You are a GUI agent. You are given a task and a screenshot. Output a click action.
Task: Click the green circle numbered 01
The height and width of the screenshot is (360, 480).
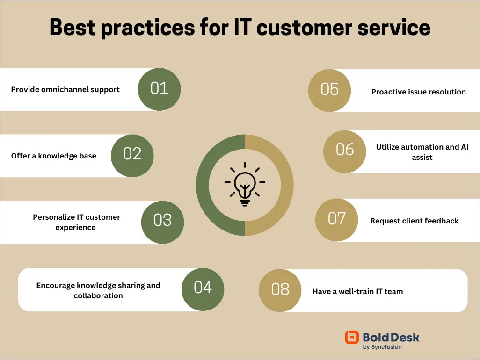tap(159, 89)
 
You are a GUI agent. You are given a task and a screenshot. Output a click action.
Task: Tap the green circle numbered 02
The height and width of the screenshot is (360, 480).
tap(132, 156)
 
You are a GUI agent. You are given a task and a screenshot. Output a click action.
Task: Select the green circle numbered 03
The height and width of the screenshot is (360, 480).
tap(162, 222)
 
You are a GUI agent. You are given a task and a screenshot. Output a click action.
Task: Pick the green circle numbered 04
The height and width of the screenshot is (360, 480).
tap(203, 289)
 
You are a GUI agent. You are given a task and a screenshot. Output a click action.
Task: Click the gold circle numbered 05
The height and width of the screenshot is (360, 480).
tap(329, 91)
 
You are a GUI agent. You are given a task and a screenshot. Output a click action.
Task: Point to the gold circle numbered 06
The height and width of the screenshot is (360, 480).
tap(345, 151)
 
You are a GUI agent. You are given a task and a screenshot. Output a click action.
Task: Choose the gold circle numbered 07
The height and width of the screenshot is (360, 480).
tap(337, 220)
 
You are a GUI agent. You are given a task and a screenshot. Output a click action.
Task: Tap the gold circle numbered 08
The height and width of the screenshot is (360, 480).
tap(280, 290)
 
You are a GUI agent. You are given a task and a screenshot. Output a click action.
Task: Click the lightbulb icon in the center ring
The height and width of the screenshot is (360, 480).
tap(245, 184)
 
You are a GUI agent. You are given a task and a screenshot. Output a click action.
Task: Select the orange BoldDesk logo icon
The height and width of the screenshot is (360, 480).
tap(352, 338)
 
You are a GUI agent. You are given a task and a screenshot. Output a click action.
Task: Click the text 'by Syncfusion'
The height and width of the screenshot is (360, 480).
tap(382, 347)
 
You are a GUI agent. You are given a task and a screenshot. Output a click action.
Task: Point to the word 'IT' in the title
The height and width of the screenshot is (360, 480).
tap(243, 27)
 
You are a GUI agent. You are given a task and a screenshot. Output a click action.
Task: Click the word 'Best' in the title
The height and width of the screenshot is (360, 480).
tap(73, 27)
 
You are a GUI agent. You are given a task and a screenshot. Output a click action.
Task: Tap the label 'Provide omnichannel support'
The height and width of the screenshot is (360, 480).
tap(65, 90)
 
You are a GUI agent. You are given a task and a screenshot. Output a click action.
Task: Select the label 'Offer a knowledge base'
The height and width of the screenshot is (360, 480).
tap(54, 156)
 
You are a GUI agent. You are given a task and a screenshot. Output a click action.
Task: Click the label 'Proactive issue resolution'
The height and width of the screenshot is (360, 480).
tap(418, 92)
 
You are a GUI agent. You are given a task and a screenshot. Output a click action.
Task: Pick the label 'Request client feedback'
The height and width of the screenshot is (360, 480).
tap(414, 221)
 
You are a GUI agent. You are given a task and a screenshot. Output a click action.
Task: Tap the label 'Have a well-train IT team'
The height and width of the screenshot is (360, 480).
tap(357, 291)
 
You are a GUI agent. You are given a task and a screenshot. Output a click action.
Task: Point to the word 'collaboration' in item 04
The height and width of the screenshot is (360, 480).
tap(98, 296)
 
